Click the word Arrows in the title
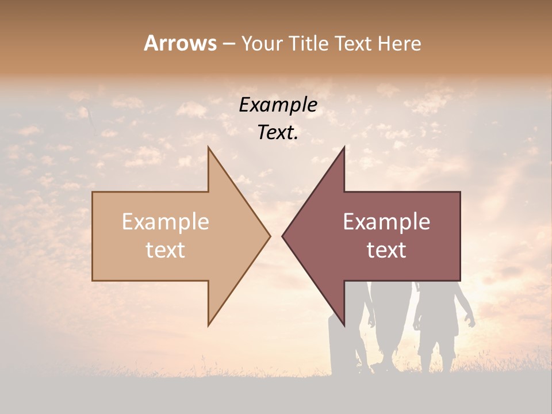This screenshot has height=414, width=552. pos(180,43)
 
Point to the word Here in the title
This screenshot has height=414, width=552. pos(399,44)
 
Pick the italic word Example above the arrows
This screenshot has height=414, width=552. pos(278,105)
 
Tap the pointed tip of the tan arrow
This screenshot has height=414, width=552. pos(270,236)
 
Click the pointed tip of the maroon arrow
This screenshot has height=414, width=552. pos(282,236)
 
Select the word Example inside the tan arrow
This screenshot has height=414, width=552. pos(166,222)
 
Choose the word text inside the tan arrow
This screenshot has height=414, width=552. pos(166,250)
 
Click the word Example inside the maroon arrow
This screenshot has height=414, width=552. pos(386,222)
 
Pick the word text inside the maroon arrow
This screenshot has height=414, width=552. pos(386,250)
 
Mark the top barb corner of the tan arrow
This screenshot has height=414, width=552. pos(209,148)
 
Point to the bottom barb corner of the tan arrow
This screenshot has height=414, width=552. pos(209,325)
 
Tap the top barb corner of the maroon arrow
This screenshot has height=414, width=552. pos(344,148)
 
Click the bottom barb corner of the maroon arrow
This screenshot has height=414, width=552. pos(344,325)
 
